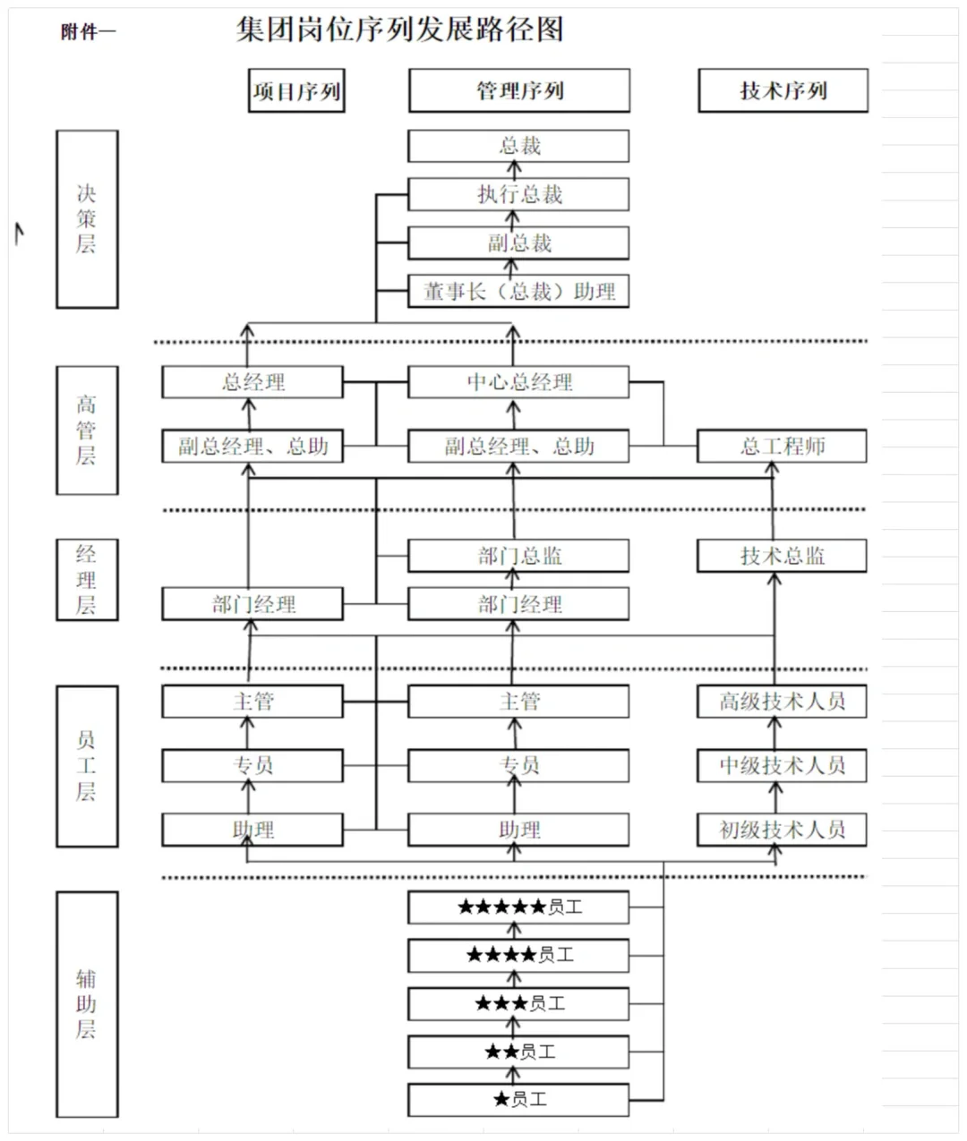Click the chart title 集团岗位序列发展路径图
[399, 30]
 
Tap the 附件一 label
[88, 32]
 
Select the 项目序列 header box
[296, 91]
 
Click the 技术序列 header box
[783, 91]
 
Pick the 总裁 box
[518, 146]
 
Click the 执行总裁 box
[518, 194]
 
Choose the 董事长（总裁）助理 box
[518, 291]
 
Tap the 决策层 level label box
[87, 219]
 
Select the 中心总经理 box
[518, 382]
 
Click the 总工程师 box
[782, 446]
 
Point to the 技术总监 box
[782, 556]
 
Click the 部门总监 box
[518, 556]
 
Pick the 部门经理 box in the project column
[252, 604]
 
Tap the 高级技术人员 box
[782, 702]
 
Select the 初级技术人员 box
[782, 830]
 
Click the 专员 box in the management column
[518, 766]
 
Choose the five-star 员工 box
[518, 907]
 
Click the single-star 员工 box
[518, 1099]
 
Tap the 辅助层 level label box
[87, 1004]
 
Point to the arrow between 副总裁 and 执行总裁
[513, 218]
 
